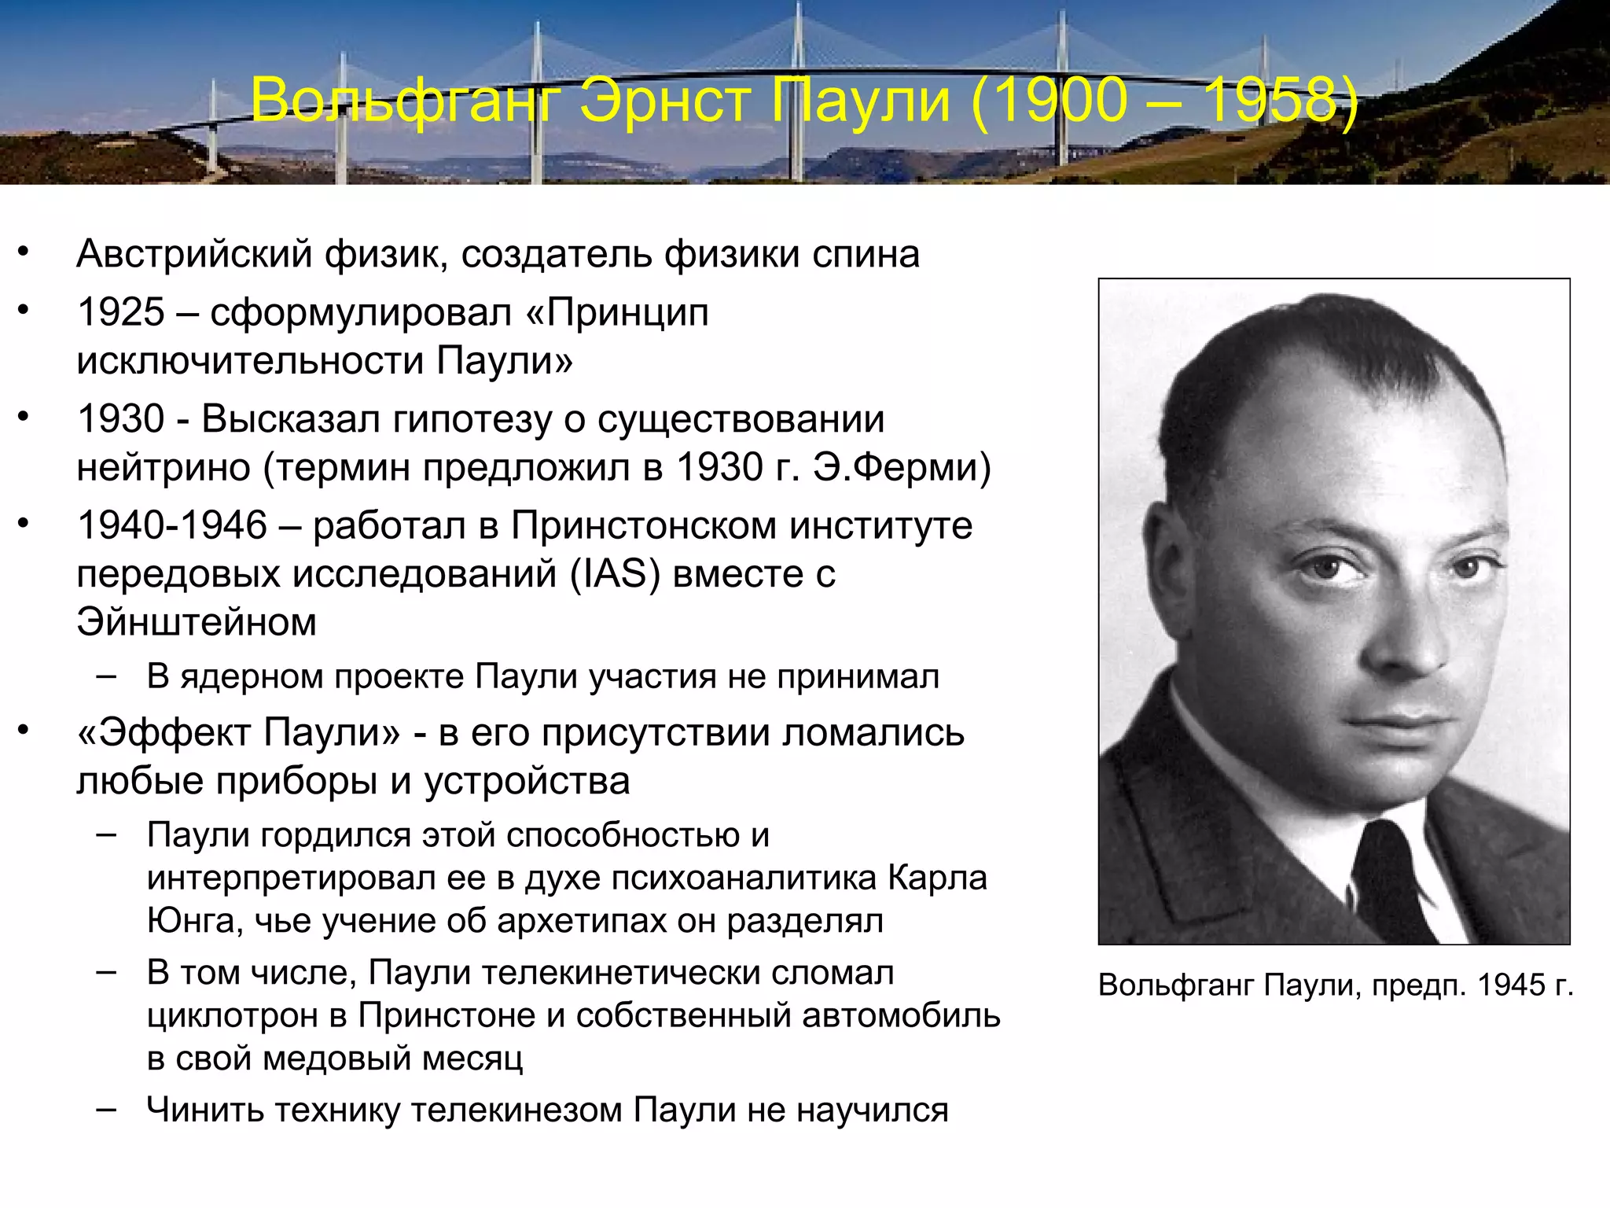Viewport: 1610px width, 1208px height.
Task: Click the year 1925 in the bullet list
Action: click(120, 312)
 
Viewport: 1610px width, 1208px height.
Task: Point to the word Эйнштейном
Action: click(197, 622)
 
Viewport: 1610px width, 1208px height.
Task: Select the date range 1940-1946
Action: click(172, 525)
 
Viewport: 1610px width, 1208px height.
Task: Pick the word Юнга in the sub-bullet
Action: click(189, 920)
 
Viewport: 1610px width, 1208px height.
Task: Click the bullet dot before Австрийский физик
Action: click(24, 252)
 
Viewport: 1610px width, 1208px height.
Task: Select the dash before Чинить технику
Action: click(106, 1109)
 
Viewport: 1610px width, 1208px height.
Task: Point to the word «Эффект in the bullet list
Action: click(164, 733)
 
